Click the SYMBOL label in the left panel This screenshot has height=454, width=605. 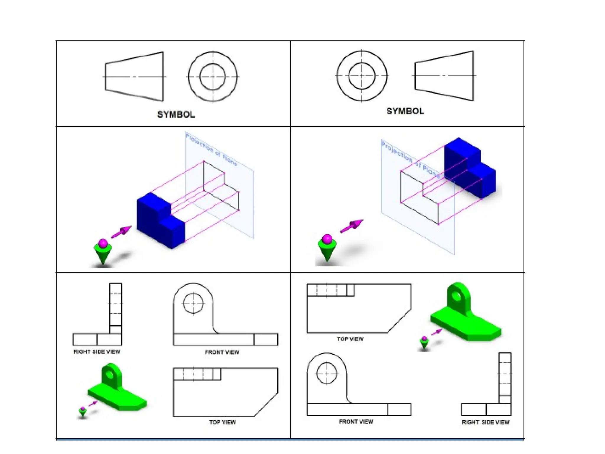click(176, 115)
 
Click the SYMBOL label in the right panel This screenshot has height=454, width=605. click(405, 111)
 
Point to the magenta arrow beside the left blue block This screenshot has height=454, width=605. click(121, 232)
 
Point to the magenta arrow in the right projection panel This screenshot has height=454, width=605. click(352, 226)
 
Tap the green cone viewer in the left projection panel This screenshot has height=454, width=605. click(103, 253)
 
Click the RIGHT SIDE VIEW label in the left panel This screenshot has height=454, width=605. click(97, 352)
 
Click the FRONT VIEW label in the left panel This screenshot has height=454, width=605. click(222, 352)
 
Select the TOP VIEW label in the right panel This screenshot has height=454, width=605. click(350, 339)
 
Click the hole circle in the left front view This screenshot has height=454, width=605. click(193, 303)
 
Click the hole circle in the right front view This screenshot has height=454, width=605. click(327, 373)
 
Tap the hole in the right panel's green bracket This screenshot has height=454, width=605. click(457, 296)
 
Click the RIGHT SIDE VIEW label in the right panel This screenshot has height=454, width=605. click(486, 422)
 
